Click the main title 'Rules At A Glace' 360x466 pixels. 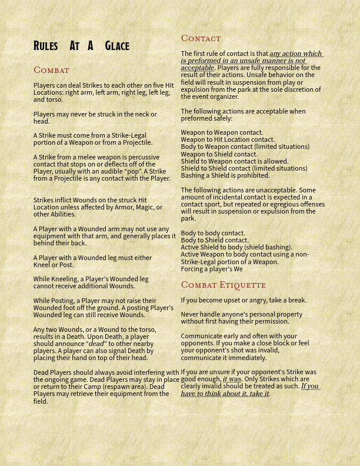[81, 46]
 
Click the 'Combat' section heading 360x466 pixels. [51, 70]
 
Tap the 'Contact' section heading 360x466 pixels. [201, 38]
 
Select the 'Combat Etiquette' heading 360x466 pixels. [223, 285]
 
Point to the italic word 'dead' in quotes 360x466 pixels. [96, 344]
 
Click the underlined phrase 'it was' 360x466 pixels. [232, 380]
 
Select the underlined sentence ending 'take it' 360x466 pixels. [250, 390]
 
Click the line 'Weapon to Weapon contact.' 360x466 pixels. [222, 132]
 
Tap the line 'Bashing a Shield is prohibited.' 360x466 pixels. [225, 175]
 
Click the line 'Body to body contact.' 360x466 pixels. [212, 233]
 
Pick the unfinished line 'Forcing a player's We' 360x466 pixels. [211, 269]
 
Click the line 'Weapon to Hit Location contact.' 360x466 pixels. [227, 139]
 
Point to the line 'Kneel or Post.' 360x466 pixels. [54, 265]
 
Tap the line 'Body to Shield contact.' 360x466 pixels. [214, 240]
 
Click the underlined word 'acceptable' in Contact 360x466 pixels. [197, 68]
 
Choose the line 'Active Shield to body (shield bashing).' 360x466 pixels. [236, 247]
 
